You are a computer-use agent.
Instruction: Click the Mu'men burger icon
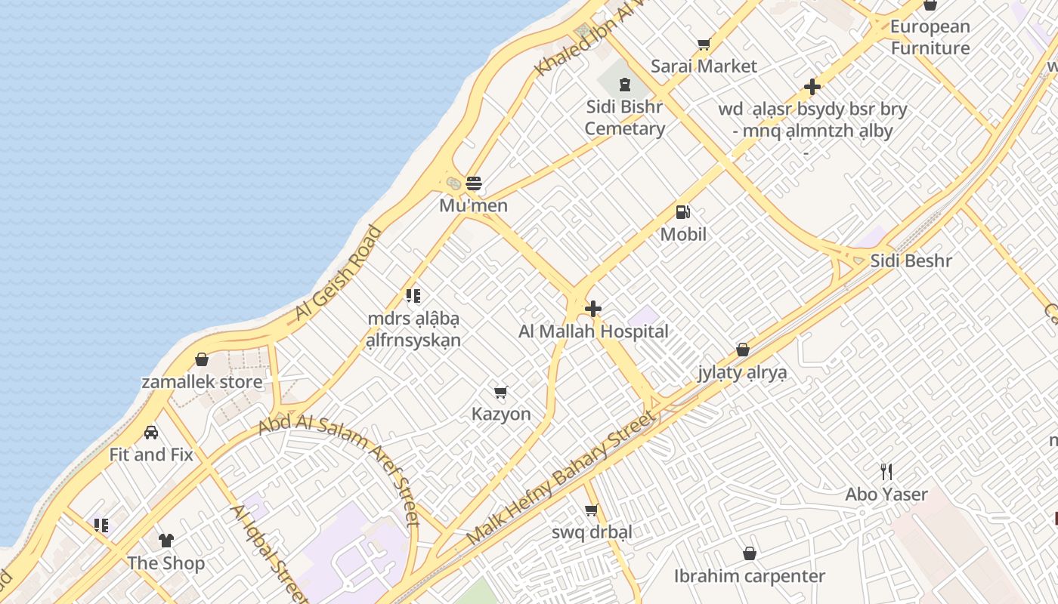click(x=474, y=183)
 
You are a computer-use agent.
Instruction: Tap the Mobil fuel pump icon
click(x=682, y=213)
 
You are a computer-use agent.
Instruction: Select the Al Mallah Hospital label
click(x=593, y=331)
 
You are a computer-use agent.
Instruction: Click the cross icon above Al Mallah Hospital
click(x=593, y=308)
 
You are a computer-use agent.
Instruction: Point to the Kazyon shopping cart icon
click(x=500, y=392)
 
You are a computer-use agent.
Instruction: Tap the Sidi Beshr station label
click(x=911, y=261)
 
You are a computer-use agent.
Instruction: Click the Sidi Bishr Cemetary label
click(x=625, y=118)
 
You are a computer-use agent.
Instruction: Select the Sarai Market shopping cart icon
click(x=704, y=45)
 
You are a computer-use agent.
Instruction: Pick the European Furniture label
click(x=930, y=38)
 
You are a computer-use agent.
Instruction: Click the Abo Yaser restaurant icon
click(x=886, y=472)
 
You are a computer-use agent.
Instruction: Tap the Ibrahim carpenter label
click(x=750, y=577)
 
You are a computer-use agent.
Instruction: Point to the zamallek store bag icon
click(x=202, y=359)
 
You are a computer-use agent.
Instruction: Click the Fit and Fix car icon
click(x=151, y=433)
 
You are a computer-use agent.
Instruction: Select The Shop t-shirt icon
click(x=166, y=541)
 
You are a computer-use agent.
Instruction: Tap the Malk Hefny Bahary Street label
click(x=560, y=478)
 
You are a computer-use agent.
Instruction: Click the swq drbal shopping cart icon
click(x=592, y=510)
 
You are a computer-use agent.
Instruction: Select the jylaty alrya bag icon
click(x=743, y=350)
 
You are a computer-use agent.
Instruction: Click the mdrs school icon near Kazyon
click(x=413, y=296)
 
